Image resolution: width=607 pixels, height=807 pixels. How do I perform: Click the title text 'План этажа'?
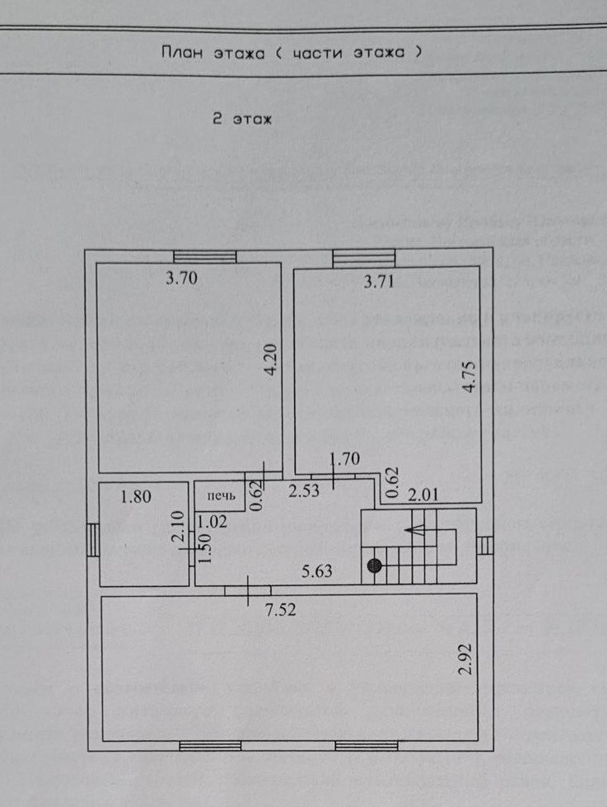pyautogui.click(x=212, y=52)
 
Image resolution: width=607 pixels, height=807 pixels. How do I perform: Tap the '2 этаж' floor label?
pyautogui.click(x=242, y=119)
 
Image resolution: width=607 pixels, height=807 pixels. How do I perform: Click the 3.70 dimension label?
pyautogui.click(x=181, y=279)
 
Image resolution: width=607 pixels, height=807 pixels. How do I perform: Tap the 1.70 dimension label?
pyautogui.click(x=344, y=458)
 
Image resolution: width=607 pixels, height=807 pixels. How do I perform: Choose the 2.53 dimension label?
pyautogui.click(x=303, y=493)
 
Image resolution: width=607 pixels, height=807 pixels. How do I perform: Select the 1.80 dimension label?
pyautogui.click(x=134, y=497)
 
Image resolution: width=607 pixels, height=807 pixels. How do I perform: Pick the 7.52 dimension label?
pyautogui.click(x=280, y=611)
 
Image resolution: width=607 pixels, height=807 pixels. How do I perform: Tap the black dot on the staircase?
pyautogui.click(x=376, y=565)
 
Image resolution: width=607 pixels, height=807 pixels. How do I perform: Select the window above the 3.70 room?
pyautogui.click(x=205, y=256)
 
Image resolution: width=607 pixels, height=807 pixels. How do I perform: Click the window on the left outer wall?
pyautogui.click(x=93, y=541)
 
